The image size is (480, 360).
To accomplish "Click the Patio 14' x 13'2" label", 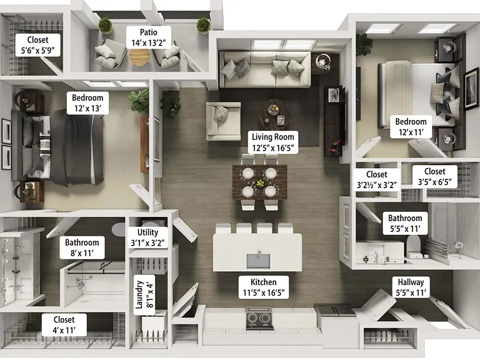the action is [x=149, y=37].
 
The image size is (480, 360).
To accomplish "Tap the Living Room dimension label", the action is [x=272, y=142].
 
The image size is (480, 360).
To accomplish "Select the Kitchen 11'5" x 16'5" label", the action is [x=264, y=287].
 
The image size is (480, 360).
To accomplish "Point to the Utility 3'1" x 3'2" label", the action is [x=148, y=238].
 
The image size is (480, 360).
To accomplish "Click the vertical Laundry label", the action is [x=144, y=295].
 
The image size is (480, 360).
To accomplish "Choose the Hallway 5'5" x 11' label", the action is [x=411, y=287].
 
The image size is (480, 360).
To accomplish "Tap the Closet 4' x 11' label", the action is [x=64, y=325].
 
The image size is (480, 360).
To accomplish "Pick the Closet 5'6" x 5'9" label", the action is [x=37, y=45].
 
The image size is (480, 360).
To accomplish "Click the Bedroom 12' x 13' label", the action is [x=87, y=103].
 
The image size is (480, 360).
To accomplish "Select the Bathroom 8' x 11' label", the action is [x=82, y=248].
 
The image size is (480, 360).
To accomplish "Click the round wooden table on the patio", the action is [x=139, y=57].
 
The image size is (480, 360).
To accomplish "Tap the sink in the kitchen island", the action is [x=258, y=261].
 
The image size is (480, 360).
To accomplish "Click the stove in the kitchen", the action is [x=259, y=319].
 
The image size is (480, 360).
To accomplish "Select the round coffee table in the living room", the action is [x=274, y=114].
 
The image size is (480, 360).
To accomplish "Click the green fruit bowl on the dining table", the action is [x=260, y=184].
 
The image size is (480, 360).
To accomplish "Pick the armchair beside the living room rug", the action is [x=224, y=121].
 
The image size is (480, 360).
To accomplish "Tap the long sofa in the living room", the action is [x=265, y=69].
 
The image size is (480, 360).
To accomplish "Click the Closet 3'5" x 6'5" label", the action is [x=435, y=177].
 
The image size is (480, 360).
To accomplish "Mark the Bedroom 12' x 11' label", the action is [x=411, y=127].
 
